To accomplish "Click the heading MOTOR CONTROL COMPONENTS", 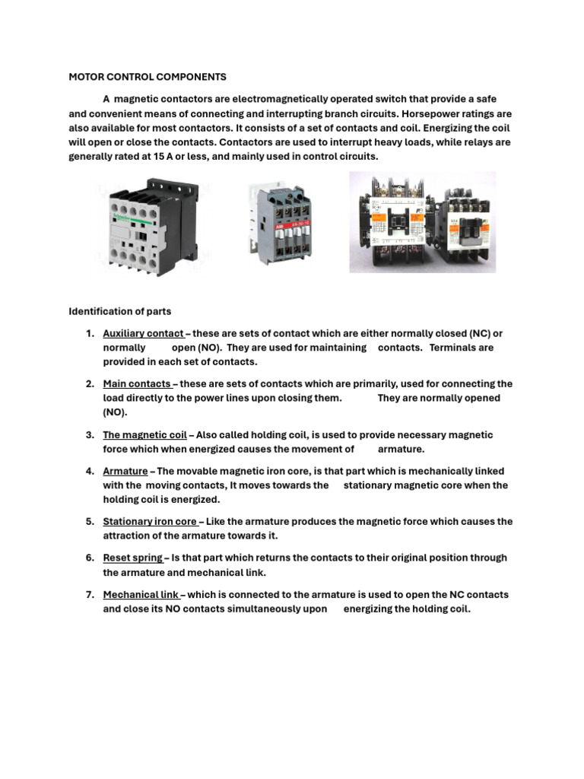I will (x=148, y=77).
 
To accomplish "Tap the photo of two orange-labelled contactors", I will (x=422, y=221).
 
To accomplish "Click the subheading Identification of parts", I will (x=120, y=311).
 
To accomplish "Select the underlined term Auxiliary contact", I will (x=143, y=334).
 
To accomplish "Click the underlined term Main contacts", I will (x=137, y=384).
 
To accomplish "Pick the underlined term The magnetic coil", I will (x=144, y=435).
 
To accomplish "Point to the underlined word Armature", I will (x=125, y=472).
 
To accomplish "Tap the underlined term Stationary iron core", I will (x=150, y=522).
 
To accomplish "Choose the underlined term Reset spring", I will (x=132, y=558).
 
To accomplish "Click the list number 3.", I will (x=90, y=435).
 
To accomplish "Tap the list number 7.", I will (x=90, y=595).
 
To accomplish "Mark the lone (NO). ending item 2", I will (x=116, y=412).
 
